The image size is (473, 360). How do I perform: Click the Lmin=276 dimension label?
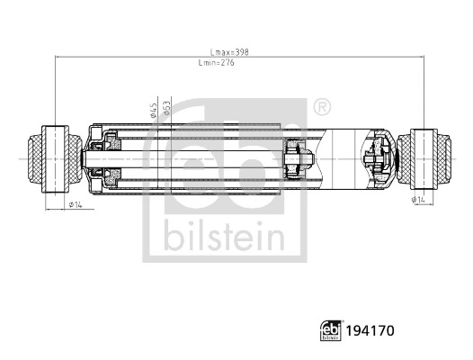point(217,64)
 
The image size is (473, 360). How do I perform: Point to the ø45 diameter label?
point(154,109)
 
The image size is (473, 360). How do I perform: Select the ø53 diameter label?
point(167,109)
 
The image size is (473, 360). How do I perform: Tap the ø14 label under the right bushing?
point(418,200)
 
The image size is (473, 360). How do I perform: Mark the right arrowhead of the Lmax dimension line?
point(422,58)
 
